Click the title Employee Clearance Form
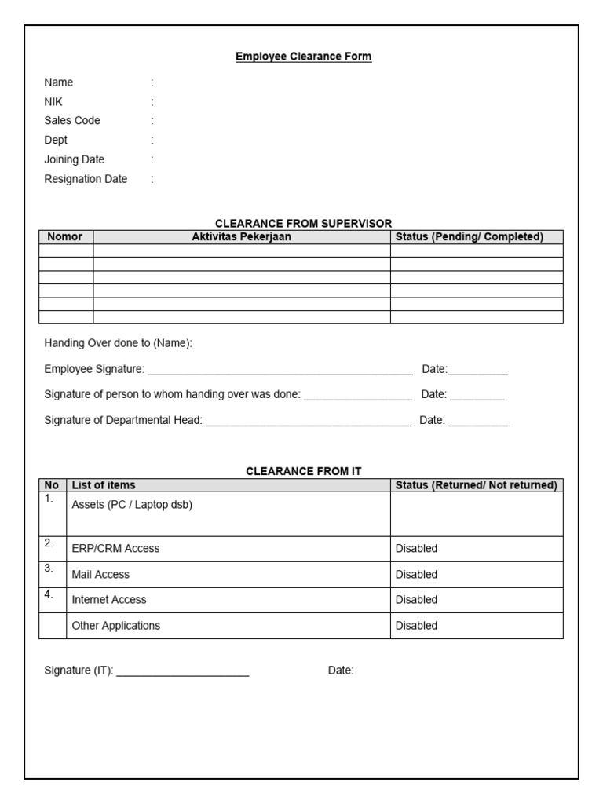pyautogui.click(x=303, y=57)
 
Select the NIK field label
pyautogui.click(x=53, y=101)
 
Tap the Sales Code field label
pyautogui.click(x=72, y=121)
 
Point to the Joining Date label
pyautogui.click(x=74, y=159)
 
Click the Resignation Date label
pyautogui.click(x=85, y=179)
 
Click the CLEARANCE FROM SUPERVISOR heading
pyautogui.click(x=303, y=224)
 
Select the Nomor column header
pyautogui.click(x=65, y=237)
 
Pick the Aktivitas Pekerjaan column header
pyautogui.click(x=241, y=237)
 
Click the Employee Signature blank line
pyautogui.click(x=280, y=370)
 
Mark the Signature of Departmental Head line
pyautogui.click(x=307, y=421)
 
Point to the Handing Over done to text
pyautogui.click(x=118, y=344)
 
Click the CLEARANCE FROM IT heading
pyautogui.click(x=303, y=471)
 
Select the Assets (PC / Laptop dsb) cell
pyautogui.click(x=132, y=505)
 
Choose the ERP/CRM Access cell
pyautogui.click(x=115, y=549)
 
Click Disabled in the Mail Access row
pyautogui.click(x=416, y=575)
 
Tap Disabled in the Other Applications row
pyautogui.click(x=416, y=626)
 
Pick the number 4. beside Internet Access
pyautogui.click(x=49, y=594)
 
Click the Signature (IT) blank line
pyautogui.click(x=182, y=671)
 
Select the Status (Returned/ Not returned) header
pyautogui.click(x=476, y=485)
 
